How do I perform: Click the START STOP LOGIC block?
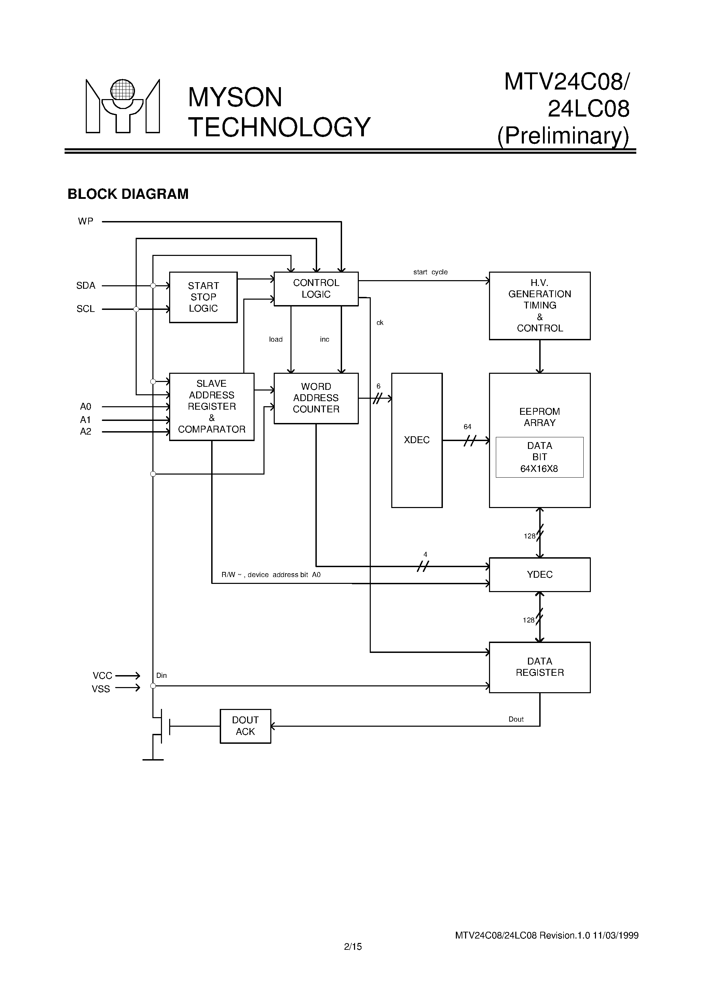(x=203, y=297)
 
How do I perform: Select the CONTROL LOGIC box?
(x=316, y=288)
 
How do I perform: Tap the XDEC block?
(x=417, y=440)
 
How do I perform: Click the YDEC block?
(x=539, y=574)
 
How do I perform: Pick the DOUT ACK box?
(x=245, y=726)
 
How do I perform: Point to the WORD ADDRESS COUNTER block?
(x=316, y=398)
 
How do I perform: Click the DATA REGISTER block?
(x=539, y=667)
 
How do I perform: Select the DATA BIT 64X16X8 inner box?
(x=539, y=457)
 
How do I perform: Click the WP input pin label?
(x=86, y=221)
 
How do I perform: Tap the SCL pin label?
(x=86, y=309)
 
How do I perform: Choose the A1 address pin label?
(x=85, y=420)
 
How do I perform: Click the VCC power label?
(x=102, y=675)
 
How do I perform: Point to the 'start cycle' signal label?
(x=430, y=272)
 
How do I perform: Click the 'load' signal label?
(x=275, y=339)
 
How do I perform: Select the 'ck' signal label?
(x=380, y=323)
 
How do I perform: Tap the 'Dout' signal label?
(x=516, y=719)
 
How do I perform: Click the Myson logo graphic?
(x=123, y=106)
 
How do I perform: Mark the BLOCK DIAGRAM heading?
(x=128, y=194)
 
